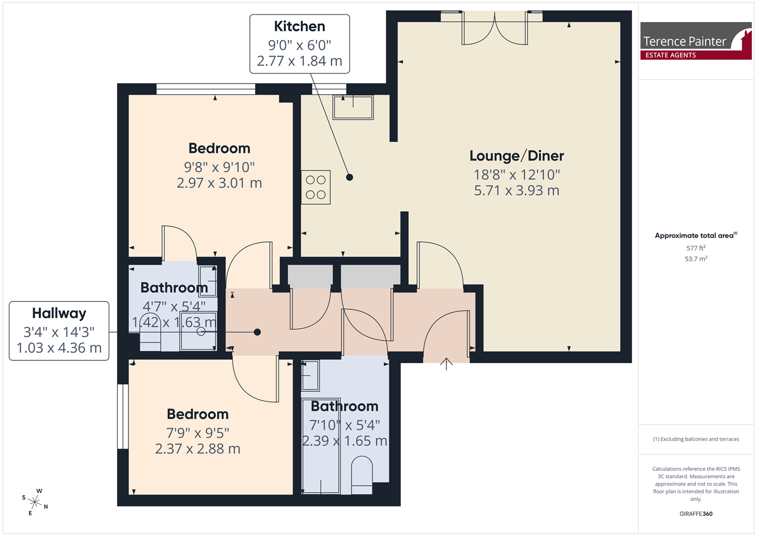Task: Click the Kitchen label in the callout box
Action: (x=299, y=26)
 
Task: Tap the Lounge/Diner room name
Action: (x=516, y=156)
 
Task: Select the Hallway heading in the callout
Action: (x=59, y=314)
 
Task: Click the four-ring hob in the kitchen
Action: (x=316, y=187)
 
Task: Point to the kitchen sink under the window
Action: (x=353, y=107)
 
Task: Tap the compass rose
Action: (x=35, y=502)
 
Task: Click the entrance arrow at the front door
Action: (x=446, y=364)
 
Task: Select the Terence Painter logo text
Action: (x=684, y=42)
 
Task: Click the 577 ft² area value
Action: (x=696, y=248)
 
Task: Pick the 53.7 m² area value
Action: (x=696, y=259)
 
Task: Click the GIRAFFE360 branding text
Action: (x=696, y=514)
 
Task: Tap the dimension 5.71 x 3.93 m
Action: (x=516, y=190)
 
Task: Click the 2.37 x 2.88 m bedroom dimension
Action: (x=198, y=449)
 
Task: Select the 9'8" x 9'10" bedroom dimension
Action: (x=219, y=167)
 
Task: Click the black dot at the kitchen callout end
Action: (x=349, y=177)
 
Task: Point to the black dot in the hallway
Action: (x=257, y=332)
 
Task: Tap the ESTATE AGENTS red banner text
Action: (x=671, y=55)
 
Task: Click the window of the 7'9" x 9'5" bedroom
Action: (x=123, y=416)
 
